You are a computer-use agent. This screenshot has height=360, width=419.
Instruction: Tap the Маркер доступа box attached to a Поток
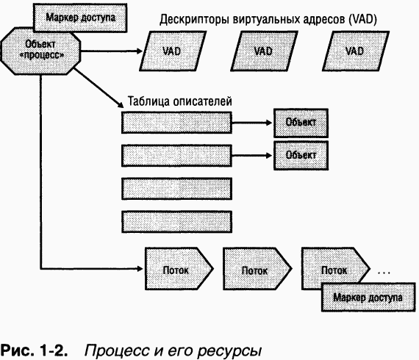[x=362, y=298]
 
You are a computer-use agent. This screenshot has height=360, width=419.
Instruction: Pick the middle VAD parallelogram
[x=263, y=52]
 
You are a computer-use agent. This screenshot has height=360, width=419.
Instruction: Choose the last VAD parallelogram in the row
[x=355, y=52]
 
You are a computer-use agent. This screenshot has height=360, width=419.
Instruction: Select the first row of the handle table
[x=176, y=123]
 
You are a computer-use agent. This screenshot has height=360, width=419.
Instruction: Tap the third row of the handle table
[x=176, y=188]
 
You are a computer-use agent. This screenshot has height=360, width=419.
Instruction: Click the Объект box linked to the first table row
[x=300, y=123]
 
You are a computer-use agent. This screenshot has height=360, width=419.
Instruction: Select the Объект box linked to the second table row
[x=300, y=155]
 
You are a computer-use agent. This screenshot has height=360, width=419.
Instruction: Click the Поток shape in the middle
[x=252, y=270]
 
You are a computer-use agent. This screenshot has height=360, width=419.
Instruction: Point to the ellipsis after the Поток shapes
[x=384, y=272]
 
